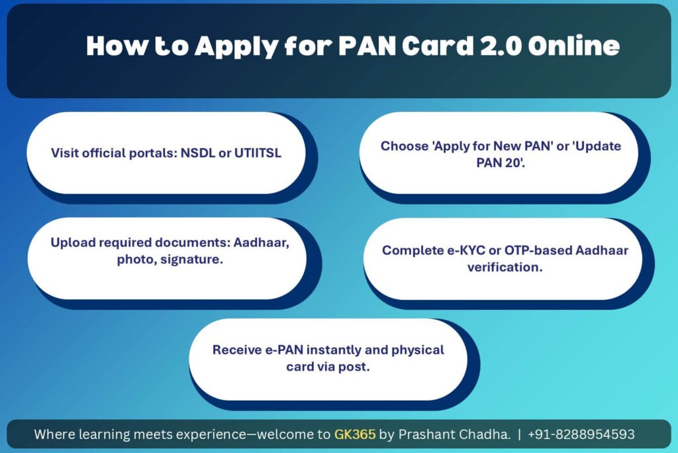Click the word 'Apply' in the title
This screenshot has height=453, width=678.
236,46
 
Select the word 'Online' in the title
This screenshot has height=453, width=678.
574,46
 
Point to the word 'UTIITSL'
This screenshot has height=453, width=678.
258,153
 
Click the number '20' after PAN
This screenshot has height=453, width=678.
514,163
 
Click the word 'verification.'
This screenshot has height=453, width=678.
505,267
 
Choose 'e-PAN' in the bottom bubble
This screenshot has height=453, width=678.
284,350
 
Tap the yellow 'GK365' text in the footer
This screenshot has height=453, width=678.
355,434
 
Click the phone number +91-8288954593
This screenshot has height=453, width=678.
581,434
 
